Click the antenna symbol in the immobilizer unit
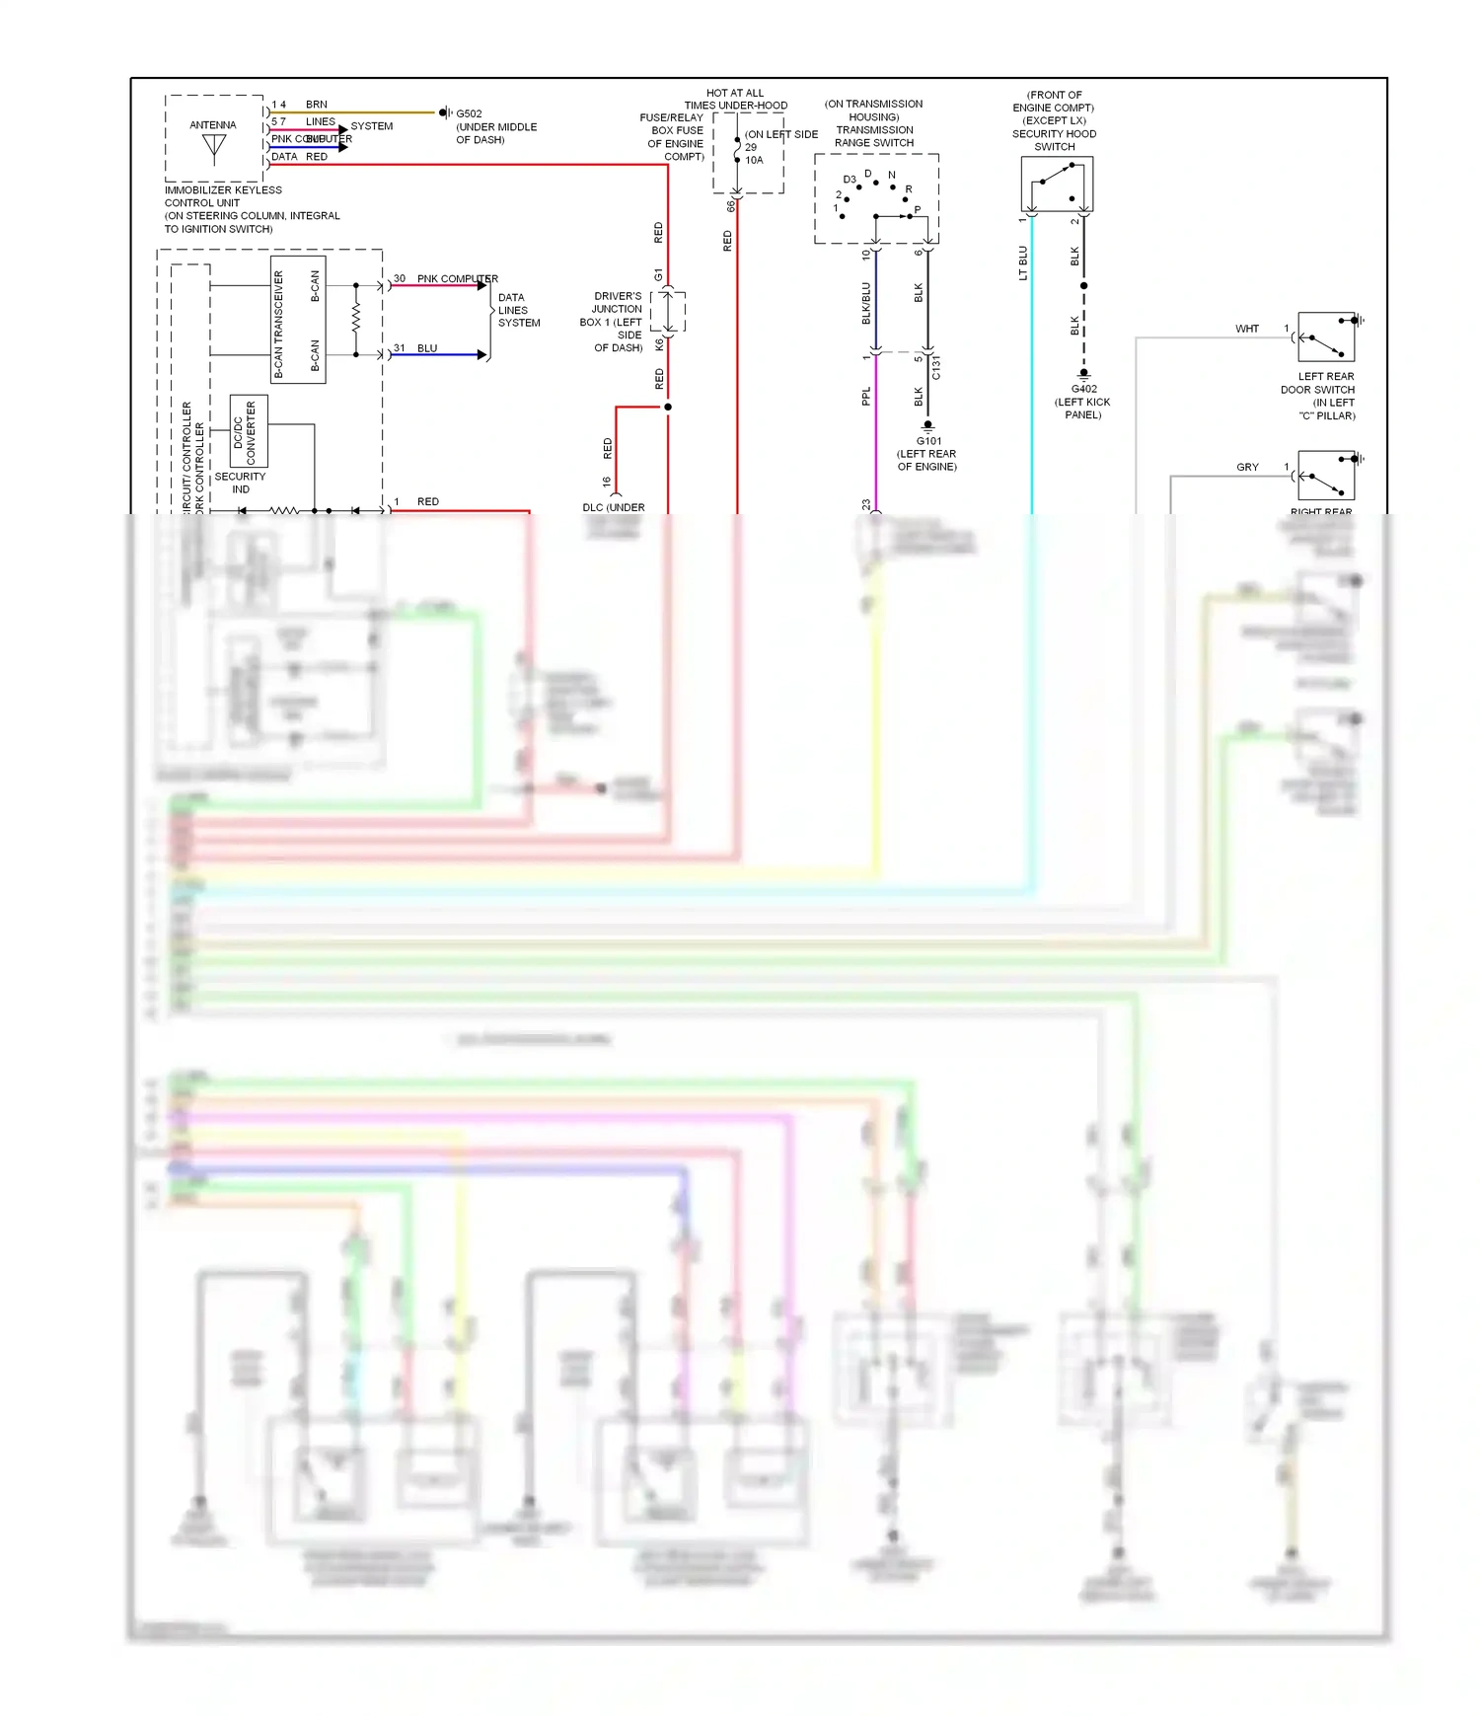[x=214, y=146]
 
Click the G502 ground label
[x=469, y=113]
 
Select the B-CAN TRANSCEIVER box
[x=298, y=320]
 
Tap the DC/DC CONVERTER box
[x=249, y=431]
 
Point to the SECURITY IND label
[x=240, y=483]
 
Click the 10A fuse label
[x=754, y=160]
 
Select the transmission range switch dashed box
[x=876, y=198]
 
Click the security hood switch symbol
[x=1057, y=184]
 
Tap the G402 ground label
[x=1083, y=389]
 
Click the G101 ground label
[x=928, y=441]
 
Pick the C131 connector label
[x=936, y=367]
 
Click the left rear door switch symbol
[x=1326, y=337]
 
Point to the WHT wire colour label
[x=1247, y=329]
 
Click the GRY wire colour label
[x=1247, y=467]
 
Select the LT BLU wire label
[x=1023, y=263]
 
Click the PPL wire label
[x=866, y=396]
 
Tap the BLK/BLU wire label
[x=866, y=303]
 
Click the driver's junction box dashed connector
[x=668, y=312]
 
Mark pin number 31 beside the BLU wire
[x=400, y=348]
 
